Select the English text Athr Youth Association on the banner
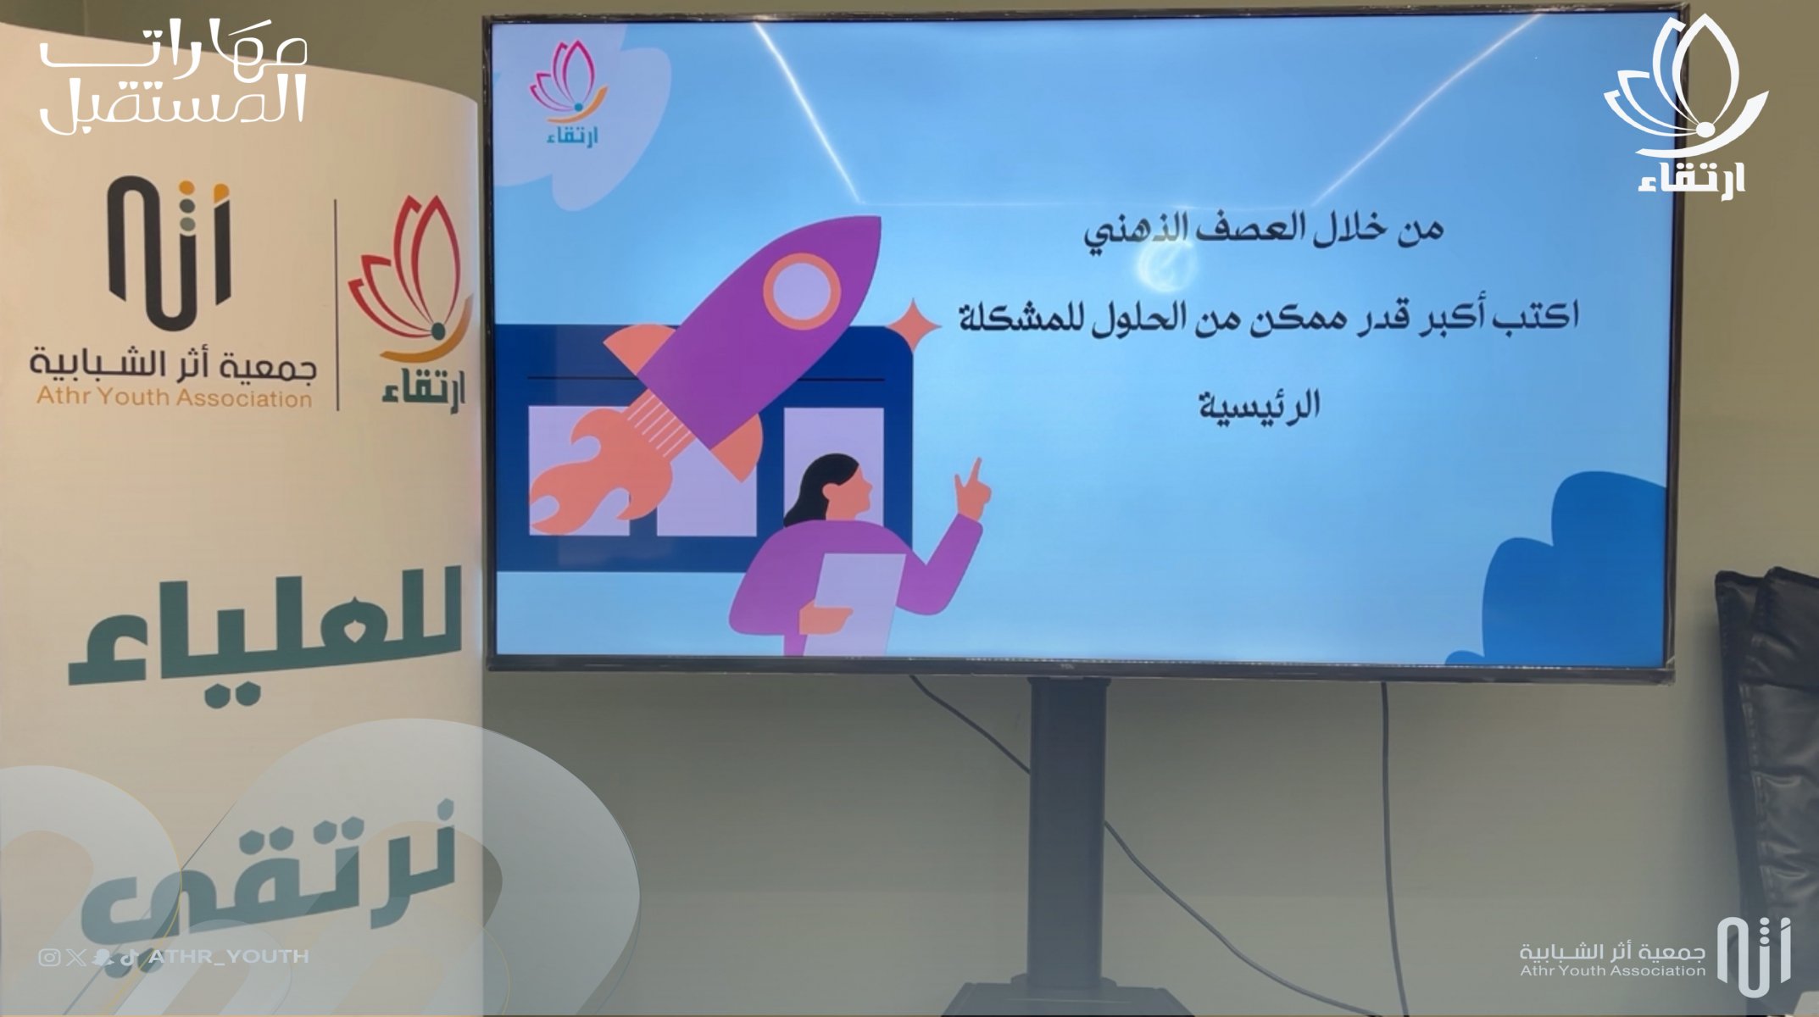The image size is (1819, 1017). [x=174, y=397]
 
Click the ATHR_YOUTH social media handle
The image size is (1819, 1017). [x=227, y=957]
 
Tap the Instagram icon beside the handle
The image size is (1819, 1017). [x=49, y=958]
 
